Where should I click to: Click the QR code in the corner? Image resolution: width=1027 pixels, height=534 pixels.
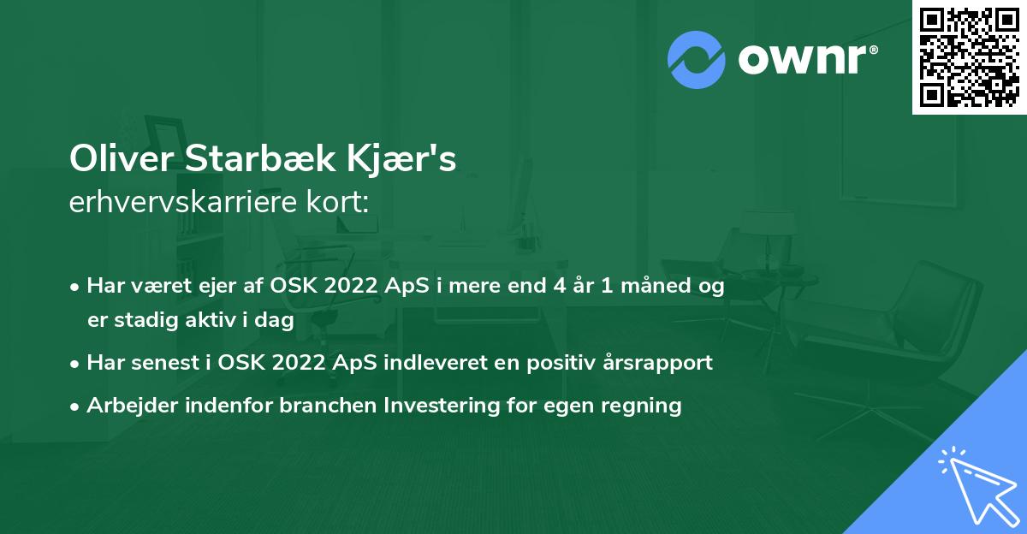coord(970,56)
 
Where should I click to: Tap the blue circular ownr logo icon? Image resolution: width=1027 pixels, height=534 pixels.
coord(696,60)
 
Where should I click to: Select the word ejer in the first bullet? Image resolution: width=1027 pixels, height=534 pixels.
coord(237,286)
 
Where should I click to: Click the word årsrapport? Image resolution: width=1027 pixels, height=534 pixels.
coord(659,363)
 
